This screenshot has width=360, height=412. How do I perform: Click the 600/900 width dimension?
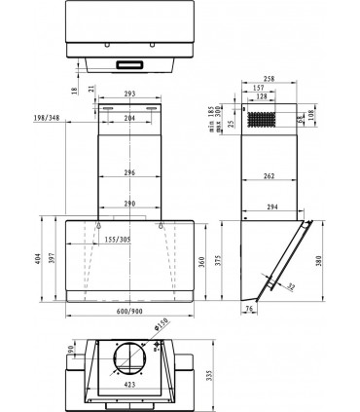(x=129, y=311)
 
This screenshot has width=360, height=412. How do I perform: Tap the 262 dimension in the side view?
(x=269, y=175)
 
